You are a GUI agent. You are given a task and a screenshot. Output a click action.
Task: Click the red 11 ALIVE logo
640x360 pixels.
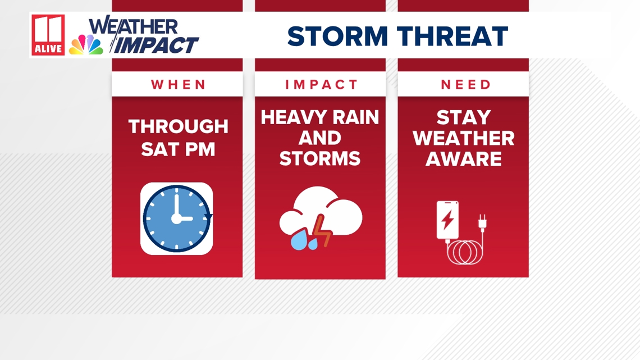click(x=48, y=35)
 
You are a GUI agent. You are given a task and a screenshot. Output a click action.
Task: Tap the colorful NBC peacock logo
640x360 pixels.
click(x=86, y=44)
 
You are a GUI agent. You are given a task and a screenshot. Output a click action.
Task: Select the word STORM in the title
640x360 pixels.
click(x=337, y=36)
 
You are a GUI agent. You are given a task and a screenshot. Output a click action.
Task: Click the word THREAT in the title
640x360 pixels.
click(x=452, y=36)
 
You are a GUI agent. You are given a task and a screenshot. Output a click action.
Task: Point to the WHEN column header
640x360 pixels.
click(x=179, y=84)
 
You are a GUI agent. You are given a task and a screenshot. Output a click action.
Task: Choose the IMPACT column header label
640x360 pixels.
click(x=321, y=84)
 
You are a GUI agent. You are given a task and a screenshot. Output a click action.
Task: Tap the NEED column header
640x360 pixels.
click(x=466, y=84)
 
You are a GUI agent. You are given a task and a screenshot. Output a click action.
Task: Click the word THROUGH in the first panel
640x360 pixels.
click(x=179, y=126)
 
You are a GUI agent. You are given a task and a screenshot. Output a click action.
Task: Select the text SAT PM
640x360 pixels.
click(x=178, y=149)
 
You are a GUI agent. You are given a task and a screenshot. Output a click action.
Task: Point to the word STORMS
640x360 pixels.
click(x=320, y=159)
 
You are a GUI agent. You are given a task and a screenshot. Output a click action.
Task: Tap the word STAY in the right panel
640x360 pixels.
click(x=464, y=117)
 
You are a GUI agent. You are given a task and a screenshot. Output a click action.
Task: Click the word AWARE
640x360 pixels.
click(x=464, y=159)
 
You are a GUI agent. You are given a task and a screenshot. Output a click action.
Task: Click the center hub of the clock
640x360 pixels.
click(x=176, y=219)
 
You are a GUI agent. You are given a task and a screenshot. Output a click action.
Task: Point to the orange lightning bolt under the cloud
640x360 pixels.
click(x=323, y=231)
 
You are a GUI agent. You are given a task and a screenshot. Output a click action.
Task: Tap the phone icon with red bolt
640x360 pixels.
click(x=448, y=220)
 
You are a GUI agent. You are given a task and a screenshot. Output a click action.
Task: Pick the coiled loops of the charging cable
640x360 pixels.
click(x=465, y=253)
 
